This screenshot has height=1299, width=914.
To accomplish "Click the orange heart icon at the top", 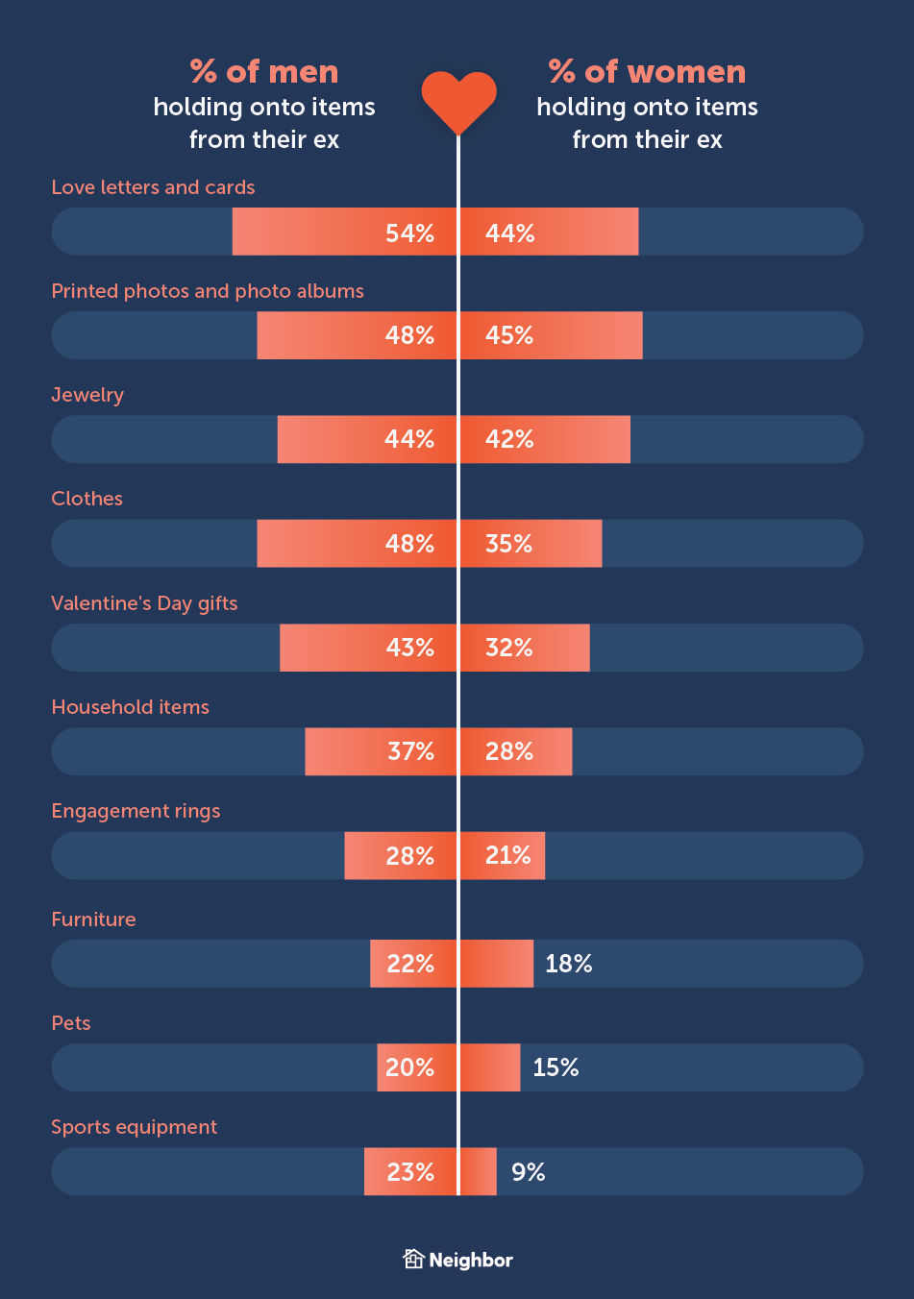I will (x=458, y=100).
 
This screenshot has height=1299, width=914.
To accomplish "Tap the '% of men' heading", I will (x=264, y=72).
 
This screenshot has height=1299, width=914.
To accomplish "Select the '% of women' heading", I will (x=647, y=72).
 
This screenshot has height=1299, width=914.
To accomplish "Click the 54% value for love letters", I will (x=409, y=233).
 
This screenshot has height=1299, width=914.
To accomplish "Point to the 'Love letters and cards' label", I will (x=153, y=187).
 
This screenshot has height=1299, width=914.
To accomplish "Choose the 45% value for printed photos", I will (x=509, y=335).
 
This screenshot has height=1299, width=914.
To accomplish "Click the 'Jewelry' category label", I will (x=87, y=395).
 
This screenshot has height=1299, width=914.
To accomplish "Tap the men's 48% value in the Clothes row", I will (x=409, y=544).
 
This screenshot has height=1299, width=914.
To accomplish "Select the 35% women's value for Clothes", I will (x=509, y=544).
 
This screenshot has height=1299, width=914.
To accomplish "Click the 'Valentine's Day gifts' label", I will (x=144, y=603).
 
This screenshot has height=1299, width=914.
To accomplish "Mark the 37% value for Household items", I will (x=410, y=751).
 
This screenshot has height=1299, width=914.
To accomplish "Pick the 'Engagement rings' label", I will (x=136, y=811).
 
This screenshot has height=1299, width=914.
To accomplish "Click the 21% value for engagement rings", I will (x=508, y=855).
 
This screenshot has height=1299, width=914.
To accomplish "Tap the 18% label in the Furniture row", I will (x=569, y=964).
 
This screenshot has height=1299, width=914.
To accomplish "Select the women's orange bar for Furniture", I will (x=497, y=964).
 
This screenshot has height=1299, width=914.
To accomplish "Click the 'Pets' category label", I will (x=71, y=1023).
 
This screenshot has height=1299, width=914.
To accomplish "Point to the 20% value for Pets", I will (x=409, y=1067).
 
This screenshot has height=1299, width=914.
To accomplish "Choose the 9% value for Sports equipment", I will (x=529, y=1172).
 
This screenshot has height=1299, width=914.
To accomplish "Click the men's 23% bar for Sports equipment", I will (x=410, y=1172).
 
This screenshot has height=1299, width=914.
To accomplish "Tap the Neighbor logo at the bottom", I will (x=457, y=1260).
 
